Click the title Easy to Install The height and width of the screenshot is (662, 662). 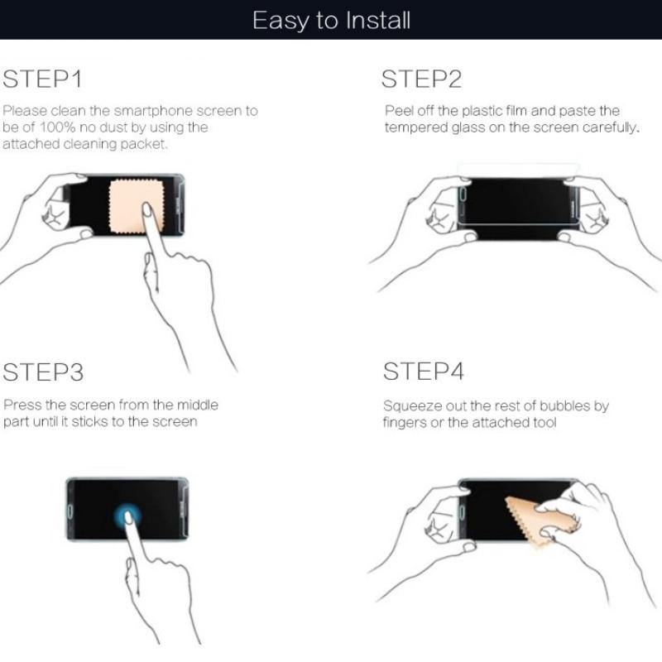tap(332, 21)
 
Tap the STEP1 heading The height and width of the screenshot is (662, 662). tap(42, 79)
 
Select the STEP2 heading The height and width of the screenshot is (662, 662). tap(421, 79)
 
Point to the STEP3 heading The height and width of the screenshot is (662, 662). tap(43, 372)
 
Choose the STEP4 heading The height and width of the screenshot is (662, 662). tap(424, 371)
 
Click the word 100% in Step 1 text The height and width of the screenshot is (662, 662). tap(57, 127)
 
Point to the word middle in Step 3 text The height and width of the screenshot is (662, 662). tap(197, 405)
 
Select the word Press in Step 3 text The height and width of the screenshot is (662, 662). tap(22, 405)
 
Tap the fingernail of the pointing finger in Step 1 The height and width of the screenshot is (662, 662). tap(147, 209)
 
